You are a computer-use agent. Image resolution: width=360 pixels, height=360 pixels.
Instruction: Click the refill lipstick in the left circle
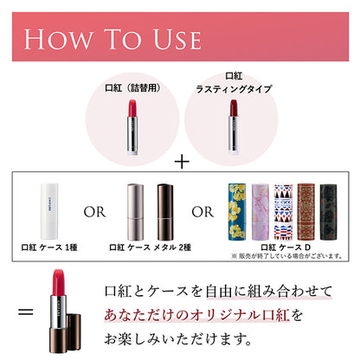click(134, 126)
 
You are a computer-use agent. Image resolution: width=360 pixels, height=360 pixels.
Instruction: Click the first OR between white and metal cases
click(97, 211)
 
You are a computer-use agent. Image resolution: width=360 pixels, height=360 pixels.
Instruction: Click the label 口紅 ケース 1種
click(49, 247)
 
